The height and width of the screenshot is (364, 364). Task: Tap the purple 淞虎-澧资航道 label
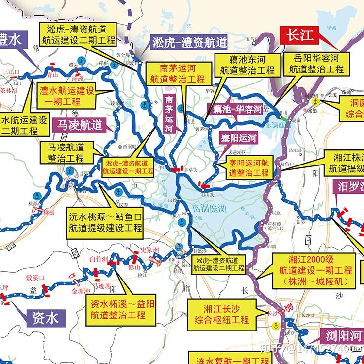click(x=189, y=43)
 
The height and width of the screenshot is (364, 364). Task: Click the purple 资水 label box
click(x=45, y=318)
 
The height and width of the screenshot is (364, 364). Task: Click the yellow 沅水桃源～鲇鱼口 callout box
click(x=105, y=221)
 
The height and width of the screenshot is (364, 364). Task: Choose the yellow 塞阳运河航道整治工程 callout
click(x=248, y=167)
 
